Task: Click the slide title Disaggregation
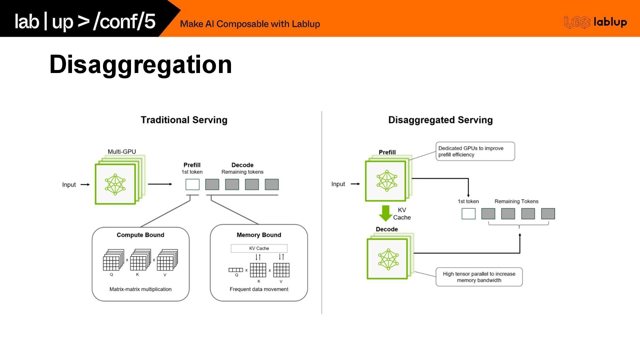pos(140,64)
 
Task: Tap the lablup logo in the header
pos(595,22)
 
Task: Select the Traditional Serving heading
pos(184,120)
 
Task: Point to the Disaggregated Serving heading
pos(440,120)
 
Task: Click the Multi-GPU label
pos(122,152)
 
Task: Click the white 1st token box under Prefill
pos(192,184)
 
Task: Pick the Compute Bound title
pos(140,235)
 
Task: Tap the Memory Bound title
pos(259,235)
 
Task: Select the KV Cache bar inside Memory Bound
pos(259,248)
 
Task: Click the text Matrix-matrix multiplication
pos(140,289)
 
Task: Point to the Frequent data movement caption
pos(259,289)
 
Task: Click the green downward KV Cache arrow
pos(386,213)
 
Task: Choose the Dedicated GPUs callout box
pos(475,151)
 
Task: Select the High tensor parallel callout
pos(479,277)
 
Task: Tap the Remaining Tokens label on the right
pos(516,201)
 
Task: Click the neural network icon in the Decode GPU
pos(388,259)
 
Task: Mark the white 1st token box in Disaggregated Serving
pos(468,214)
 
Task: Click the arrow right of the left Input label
pos(85,185)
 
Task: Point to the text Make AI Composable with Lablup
pos(250,24)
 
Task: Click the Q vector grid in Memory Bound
pos(236,270)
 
